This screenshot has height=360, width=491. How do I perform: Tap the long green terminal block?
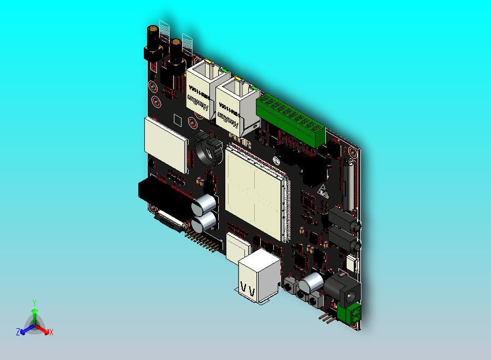pos(291,120)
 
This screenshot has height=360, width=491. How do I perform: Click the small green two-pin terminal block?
pos(348,314)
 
